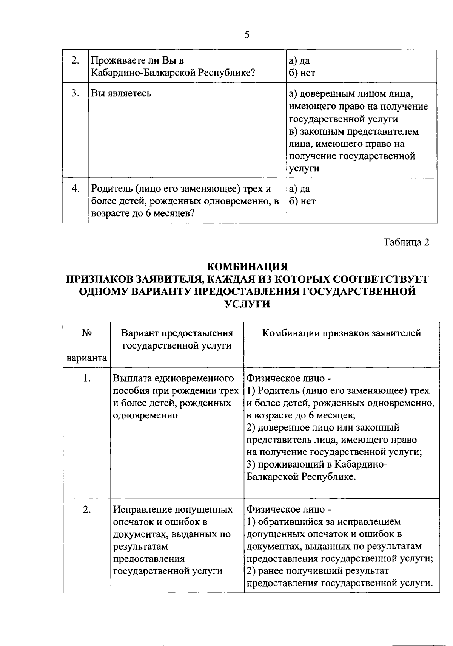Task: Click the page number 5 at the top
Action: [247, 35]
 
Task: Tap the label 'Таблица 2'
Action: [406, 242]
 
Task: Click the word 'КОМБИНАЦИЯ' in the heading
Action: [247, 267]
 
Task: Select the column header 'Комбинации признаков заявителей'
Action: [342, 333]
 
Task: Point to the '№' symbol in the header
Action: [87, 333]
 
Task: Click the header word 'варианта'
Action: [87, 358]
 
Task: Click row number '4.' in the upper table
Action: [75, 188]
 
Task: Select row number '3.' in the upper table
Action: [75, 93]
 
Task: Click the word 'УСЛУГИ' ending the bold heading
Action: [247, 304]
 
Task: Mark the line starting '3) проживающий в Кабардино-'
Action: [317, 465]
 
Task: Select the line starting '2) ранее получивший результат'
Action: [318, 571]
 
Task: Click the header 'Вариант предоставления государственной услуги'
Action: [177, 339]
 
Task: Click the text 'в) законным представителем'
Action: [354, 132]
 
